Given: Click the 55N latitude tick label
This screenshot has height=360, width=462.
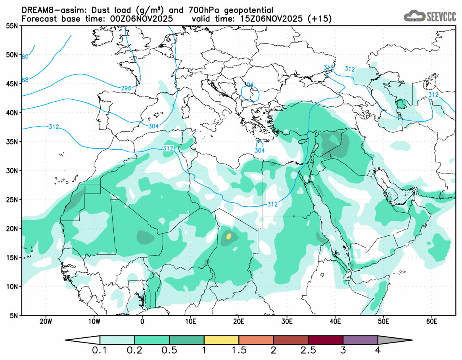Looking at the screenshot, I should [12, 26].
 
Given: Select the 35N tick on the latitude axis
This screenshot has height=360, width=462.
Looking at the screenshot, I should [12, 142].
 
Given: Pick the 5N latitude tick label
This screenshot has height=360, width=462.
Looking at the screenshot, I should [13, 316].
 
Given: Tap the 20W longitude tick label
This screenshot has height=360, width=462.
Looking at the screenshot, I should [46, 321].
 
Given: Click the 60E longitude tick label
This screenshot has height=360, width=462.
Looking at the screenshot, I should [431, 321].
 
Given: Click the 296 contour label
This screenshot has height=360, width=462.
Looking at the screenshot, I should [127, 88].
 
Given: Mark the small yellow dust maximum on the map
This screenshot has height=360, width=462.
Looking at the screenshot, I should [228, 236].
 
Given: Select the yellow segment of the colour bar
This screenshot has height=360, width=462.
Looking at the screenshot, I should [221, 340].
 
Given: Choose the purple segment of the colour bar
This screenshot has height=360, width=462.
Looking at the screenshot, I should [360, 340].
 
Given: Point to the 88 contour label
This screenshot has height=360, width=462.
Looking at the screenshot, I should [25, 80].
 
